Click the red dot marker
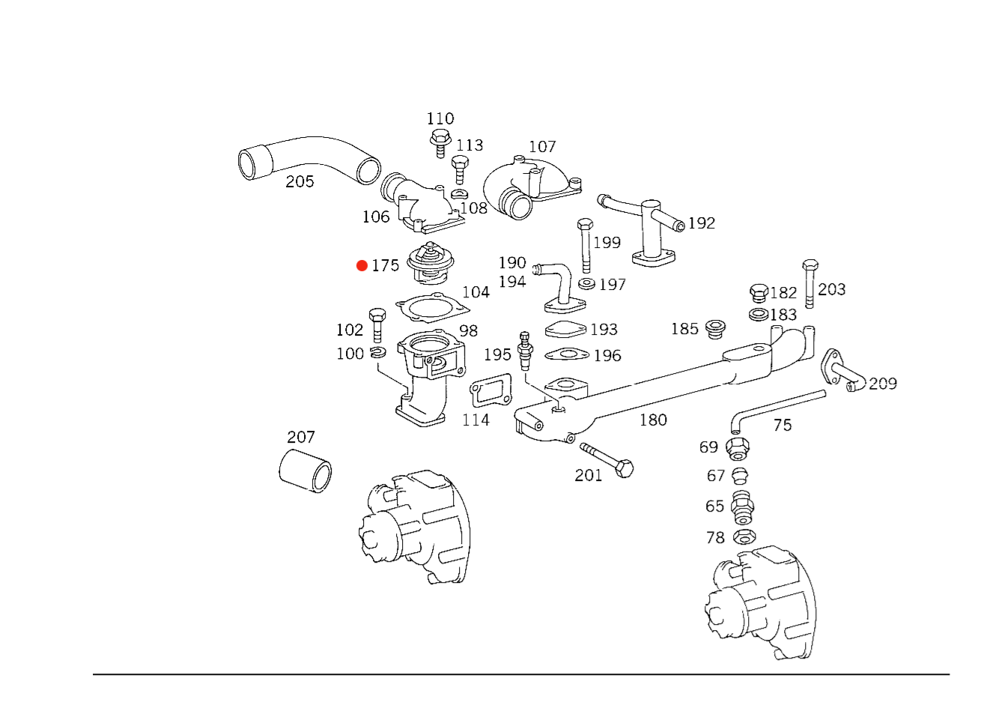(362, 266)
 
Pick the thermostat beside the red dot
(431, 264)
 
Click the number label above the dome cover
(544, 147)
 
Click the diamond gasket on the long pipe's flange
(567, 387)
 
